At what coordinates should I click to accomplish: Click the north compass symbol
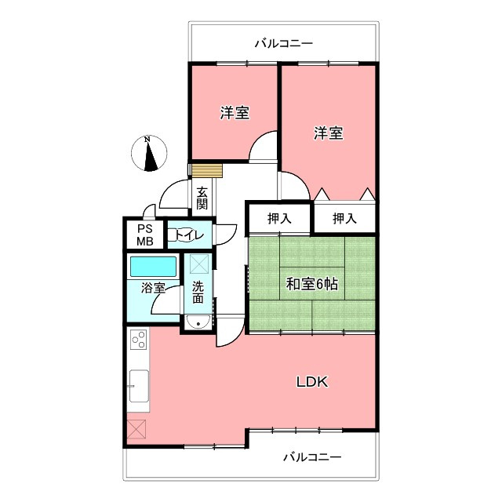coord(150,153)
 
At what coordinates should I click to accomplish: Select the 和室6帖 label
coord(311,285)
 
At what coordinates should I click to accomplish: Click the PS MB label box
coord(146,235)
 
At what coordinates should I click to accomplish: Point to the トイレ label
coord(188,235)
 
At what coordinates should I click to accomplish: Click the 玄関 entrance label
coord(202,198)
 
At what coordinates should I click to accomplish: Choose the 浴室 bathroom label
coord(153,288)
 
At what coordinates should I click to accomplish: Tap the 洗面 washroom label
coord(198,292)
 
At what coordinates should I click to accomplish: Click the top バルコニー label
coord(283,43)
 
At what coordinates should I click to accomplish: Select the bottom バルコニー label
coord(312,457)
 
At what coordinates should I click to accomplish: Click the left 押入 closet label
coord(279,218)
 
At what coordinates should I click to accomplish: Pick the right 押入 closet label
coord(344,218)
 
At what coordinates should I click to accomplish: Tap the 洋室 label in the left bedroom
coord(235,113)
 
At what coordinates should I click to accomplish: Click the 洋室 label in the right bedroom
coord(329,133)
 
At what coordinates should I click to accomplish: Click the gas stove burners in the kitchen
coord(139,340)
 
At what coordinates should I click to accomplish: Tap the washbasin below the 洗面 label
coord(198,322)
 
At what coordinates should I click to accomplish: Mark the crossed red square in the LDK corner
coord(136,430)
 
